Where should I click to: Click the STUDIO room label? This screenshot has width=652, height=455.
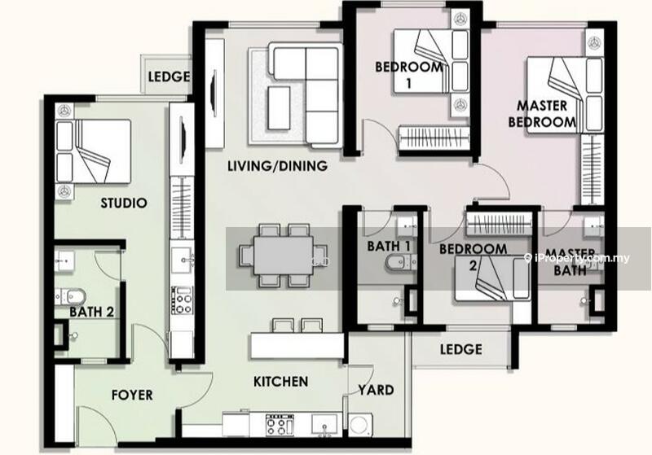tap(124, 203)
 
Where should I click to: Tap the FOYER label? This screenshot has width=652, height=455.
tap(132, 395)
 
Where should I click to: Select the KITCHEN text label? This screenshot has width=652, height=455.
tap(280, 382)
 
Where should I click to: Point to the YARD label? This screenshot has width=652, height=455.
tap(376, 390)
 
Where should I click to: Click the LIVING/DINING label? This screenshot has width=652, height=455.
tap(277, 166)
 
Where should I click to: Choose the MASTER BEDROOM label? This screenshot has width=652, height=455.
tap(542, 114)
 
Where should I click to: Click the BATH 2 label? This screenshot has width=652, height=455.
tap(91, 312)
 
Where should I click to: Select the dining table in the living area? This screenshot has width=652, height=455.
tap(283, 255)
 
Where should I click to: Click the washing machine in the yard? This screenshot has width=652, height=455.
tap(359, 425)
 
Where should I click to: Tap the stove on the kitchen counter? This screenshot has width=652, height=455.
tap(280, 425)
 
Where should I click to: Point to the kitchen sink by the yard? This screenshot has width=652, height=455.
tap(324, 424)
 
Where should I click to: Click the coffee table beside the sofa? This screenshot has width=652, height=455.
tap(279, 108)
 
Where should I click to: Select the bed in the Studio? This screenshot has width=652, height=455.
tap(94, 151)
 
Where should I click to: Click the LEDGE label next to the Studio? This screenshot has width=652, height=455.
tap(169, 77)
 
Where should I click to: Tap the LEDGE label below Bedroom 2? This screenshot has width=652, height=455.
tap(461, 349)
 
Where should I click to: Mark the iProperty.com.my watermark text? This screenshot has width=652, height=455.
tap(577, 258)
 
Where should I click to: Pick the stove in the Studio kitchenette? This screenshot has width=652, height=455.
tap(182, 300)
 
